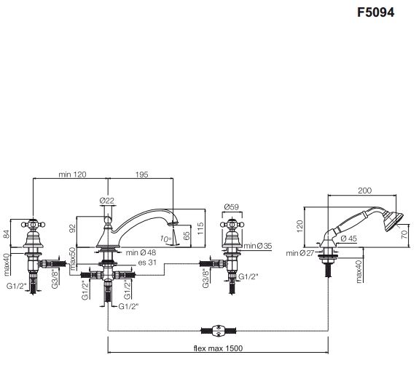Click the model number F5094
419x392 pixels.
click(x=375, y=12)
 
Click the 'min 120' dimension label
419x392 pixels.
click(x=72, y=175)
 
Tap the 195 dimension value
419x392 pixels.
click(x=141, y=175)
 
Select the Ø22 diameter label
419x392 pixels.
click(x=107, y=201)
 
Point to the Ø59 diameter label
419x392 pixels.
click(x=232, y=207)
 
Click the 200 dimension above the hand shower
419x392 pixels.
click(x=365, y=191)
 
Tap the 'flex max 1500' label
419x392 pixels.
click(x=218, y=348)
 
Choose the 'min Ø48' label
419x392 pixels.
click(x=141, y=252)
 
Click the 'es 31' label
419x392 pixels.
click(x=147, y=263)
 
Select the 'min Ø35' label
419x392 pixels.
click(x=258, y=246)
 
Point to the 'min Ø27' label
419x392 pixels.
click(x=300, y=253)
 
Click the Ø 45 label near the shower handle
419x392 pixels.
click(x=349, y=239)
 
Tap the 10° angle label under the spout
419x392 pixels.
click(x=165, y=239)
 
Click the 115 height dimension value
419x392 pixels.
click(x=200, y=228)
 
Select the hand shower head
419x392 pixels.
click(x=393, y=221)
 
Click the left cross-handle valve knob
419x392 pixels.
click(x=33, y=225)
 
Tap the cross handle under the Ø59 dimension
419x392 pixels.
click(x=232, y=225)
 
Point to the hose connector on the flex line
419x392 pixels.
click(x=219, y=331)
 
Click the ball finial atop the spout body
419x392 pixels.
click(x=108, y=220)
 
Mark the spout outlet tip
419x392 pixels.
click(x=173, y=223)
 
